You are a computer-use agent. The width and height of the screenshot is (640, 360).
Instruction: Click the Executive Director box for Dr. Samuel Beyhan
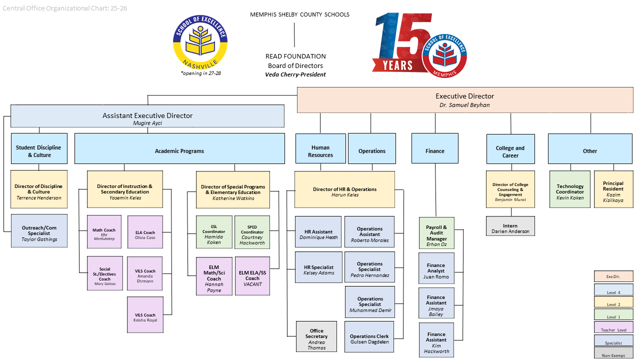pyautogui.click(x=464, y=100)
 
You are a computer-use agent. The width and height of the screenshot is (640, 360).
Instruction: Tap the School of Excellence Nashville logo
pyautogui.click(x=200, y=42)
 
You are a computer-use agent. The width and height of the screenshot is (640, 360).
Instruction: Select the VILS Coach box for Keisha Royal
pyautogui.click(x=145, y=314)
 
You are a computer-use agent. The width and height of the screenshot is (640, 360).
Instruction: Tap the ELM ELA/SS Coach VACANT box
pyautogui.click(x=252, y=275)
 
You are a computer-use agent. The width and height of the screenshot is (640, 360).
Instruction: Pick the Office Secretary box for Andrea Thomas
pyautogui.click(x=316, y=336)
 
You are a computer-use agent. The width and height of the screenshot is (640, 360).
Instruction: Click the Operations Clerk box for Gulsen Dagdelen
pyautogui.click(x=369, y=336)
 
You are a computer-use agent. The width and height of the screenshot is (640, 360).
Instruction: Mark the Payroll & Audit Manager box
pyautogui.click(x=436, y=233)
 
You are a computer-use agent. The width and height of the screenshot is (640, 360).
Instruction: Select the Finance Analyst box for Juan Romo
pyautogui.click(x=436, y=270)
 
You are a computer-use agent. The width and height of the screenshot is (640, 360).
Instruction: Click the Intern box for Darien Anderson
pyautogui.click(x=510, y=226)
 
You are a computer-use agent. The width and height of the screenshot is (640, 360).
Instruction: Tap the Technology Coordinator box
pyautogui.click(x=570, y=189)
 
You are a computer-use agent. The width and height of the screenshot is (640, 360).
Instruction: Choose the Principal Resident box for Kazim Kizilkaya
pyautogui.click(x=613, y=189)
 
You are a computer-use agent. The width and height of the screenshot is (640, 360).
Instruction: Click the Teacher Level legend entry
pyautogui.click(x=613, y=327)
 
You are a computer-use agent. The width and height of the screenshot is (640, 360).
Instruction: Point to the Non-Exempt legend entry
pyautogui.click(x=613, y=353)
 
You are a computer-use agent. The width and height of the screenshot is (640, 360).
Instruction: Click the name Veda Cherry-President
pyautogui.click(x=295, y=74)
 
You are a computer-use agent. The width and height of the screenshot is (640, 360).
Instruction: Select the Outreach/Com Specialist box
pyautogui.click(x=39, y=230)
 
